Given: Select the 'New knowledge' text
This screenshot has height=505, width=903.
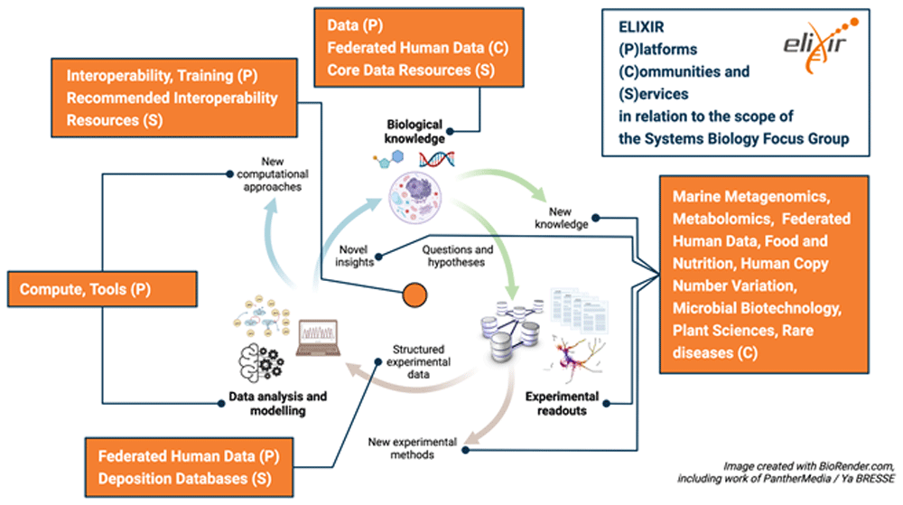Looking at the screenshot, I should (x=560, y=217).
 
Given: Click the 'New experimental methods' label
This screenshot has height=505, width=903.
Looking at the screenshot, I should (x=412, y=448).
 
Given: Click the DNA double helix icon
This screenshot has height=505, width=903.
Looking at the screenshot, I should (x=435, y=161).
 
